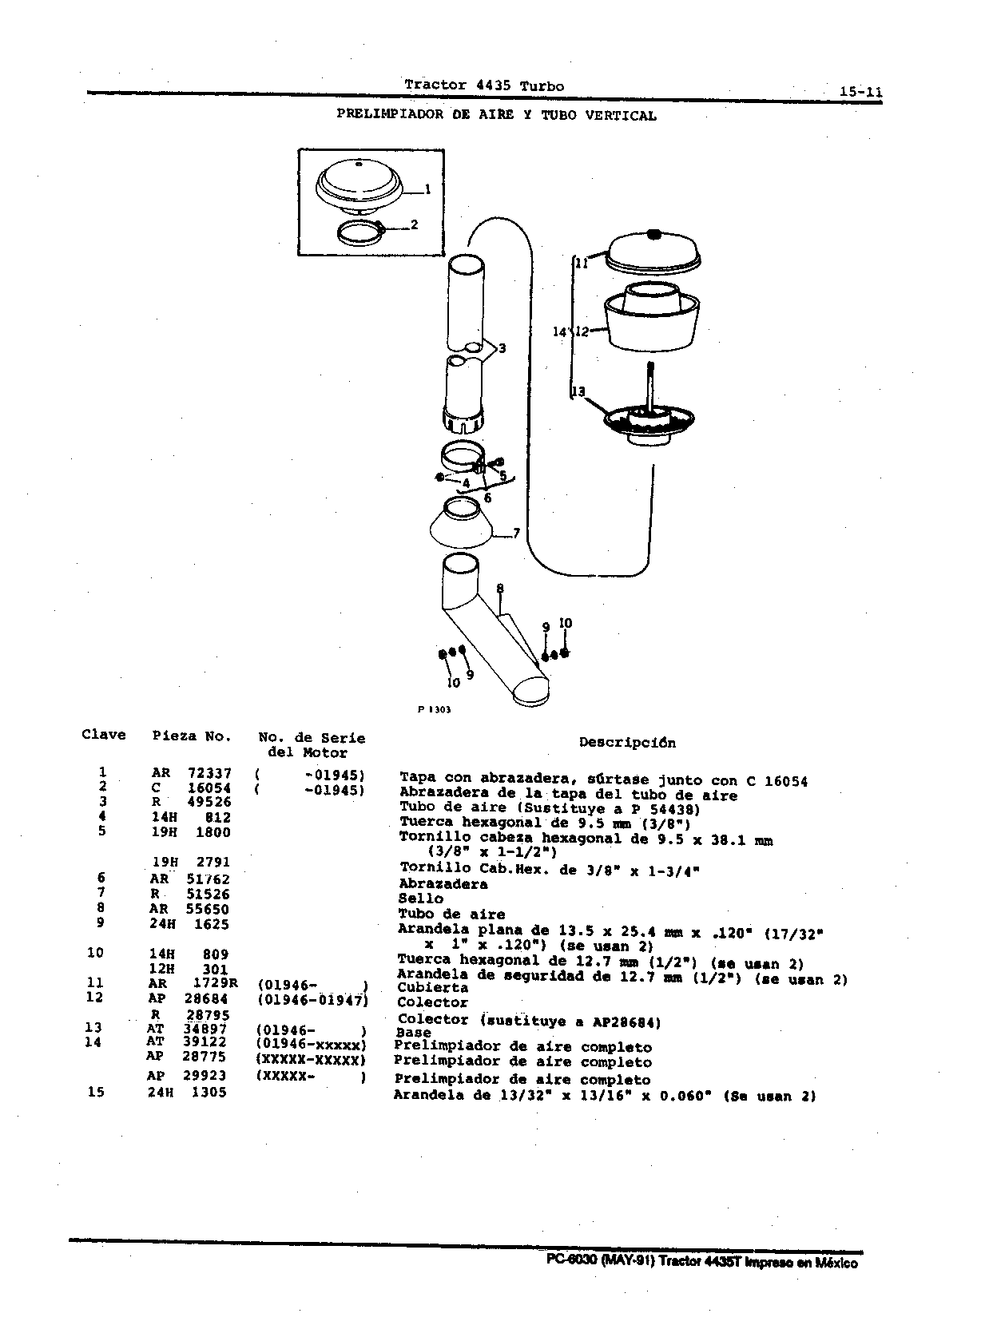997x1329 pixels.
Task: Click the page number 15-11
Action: [x=861, y=92]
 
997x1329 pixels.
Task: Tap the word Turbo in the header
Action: [x=542, y=86]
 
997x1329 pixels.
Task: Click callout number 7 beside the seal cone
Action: [x=516, y=534]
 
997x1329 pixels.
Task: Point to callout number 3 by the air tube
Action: [x=502, y=348]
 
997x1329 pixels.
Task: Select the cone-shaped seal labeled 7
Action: [x=461, y=525]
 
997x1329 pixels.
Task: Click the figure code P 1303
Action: [x=434, y=709]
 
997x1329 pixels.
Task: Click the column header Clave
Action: [x=104, y=735]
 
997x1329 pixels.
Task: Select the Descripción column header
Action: [x=627, y=743]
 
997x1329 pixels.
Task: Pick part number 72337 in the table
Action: [x=209, y=773]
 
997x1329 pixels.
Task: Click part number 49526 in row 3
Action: [x=209, y=802]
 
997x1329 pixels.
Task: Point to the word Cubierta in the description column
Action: [x=433, y=987]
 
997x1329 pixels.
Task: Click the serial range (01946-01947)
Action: [x=313, y=1000]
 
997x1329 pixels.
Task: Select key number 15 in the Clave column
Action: [x=96, y=1092]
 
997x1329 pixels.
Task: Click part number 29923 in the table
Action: [x=204, y=1075]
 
